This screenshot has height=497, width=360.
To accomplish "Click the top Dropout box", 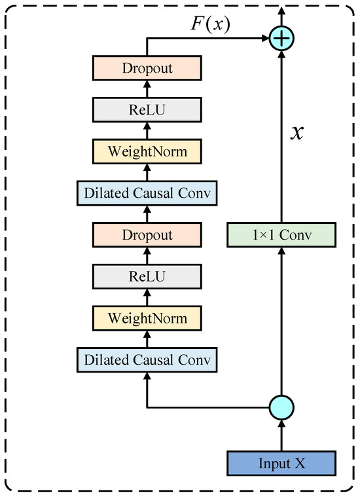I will (147, 68).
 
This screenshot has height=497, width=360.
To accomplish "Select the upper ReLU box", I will (147, 109).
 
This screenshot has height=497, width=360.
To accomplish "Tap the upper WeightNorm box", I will (147, 151).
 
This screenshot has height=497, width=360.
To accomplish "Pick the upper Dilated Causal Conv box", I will (147, 193).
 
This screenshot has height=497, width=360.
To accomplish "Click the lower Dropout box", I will (147, 235).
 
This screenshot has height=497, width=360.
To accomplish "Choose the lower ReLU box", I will (147, 276).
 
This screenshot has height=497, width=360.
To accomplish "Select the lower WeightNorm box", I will (147, 318).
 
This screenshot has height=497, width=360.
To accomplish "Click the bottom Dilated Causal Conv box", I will (147, 360).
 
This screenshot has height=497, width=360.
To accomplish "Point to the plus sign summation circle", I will (281, 39).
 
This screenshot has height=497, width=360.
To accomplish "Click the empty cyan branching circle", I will (281, 408).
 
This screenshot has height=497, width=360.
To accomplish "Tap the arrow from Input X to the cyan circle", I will (281, 435).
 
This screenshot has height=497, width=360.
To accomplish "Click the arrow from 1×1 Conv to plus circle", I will (281, 138).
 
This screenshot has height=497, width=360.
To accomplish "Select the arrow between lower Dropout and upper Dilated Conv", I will (147, 214).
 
